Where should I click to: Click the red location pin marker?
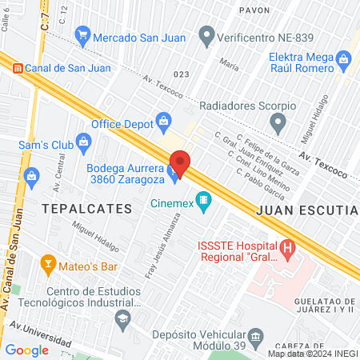point(179,163)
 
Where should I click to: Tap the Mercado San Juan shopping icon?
point(82,36)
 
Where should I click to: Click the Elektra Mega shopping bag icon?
point(344,58)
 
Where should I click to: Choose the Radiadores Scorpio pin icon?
point(278,123)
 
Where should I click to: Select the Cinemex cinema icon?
point(204,201)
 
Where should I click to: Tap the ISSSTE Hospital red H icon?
point(287,250)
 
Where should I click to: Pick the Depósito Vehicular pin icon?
point(256,337)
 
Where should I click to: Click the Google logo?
point(26,350)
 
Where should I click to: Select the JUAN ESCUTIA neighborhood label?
point(306,210)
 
